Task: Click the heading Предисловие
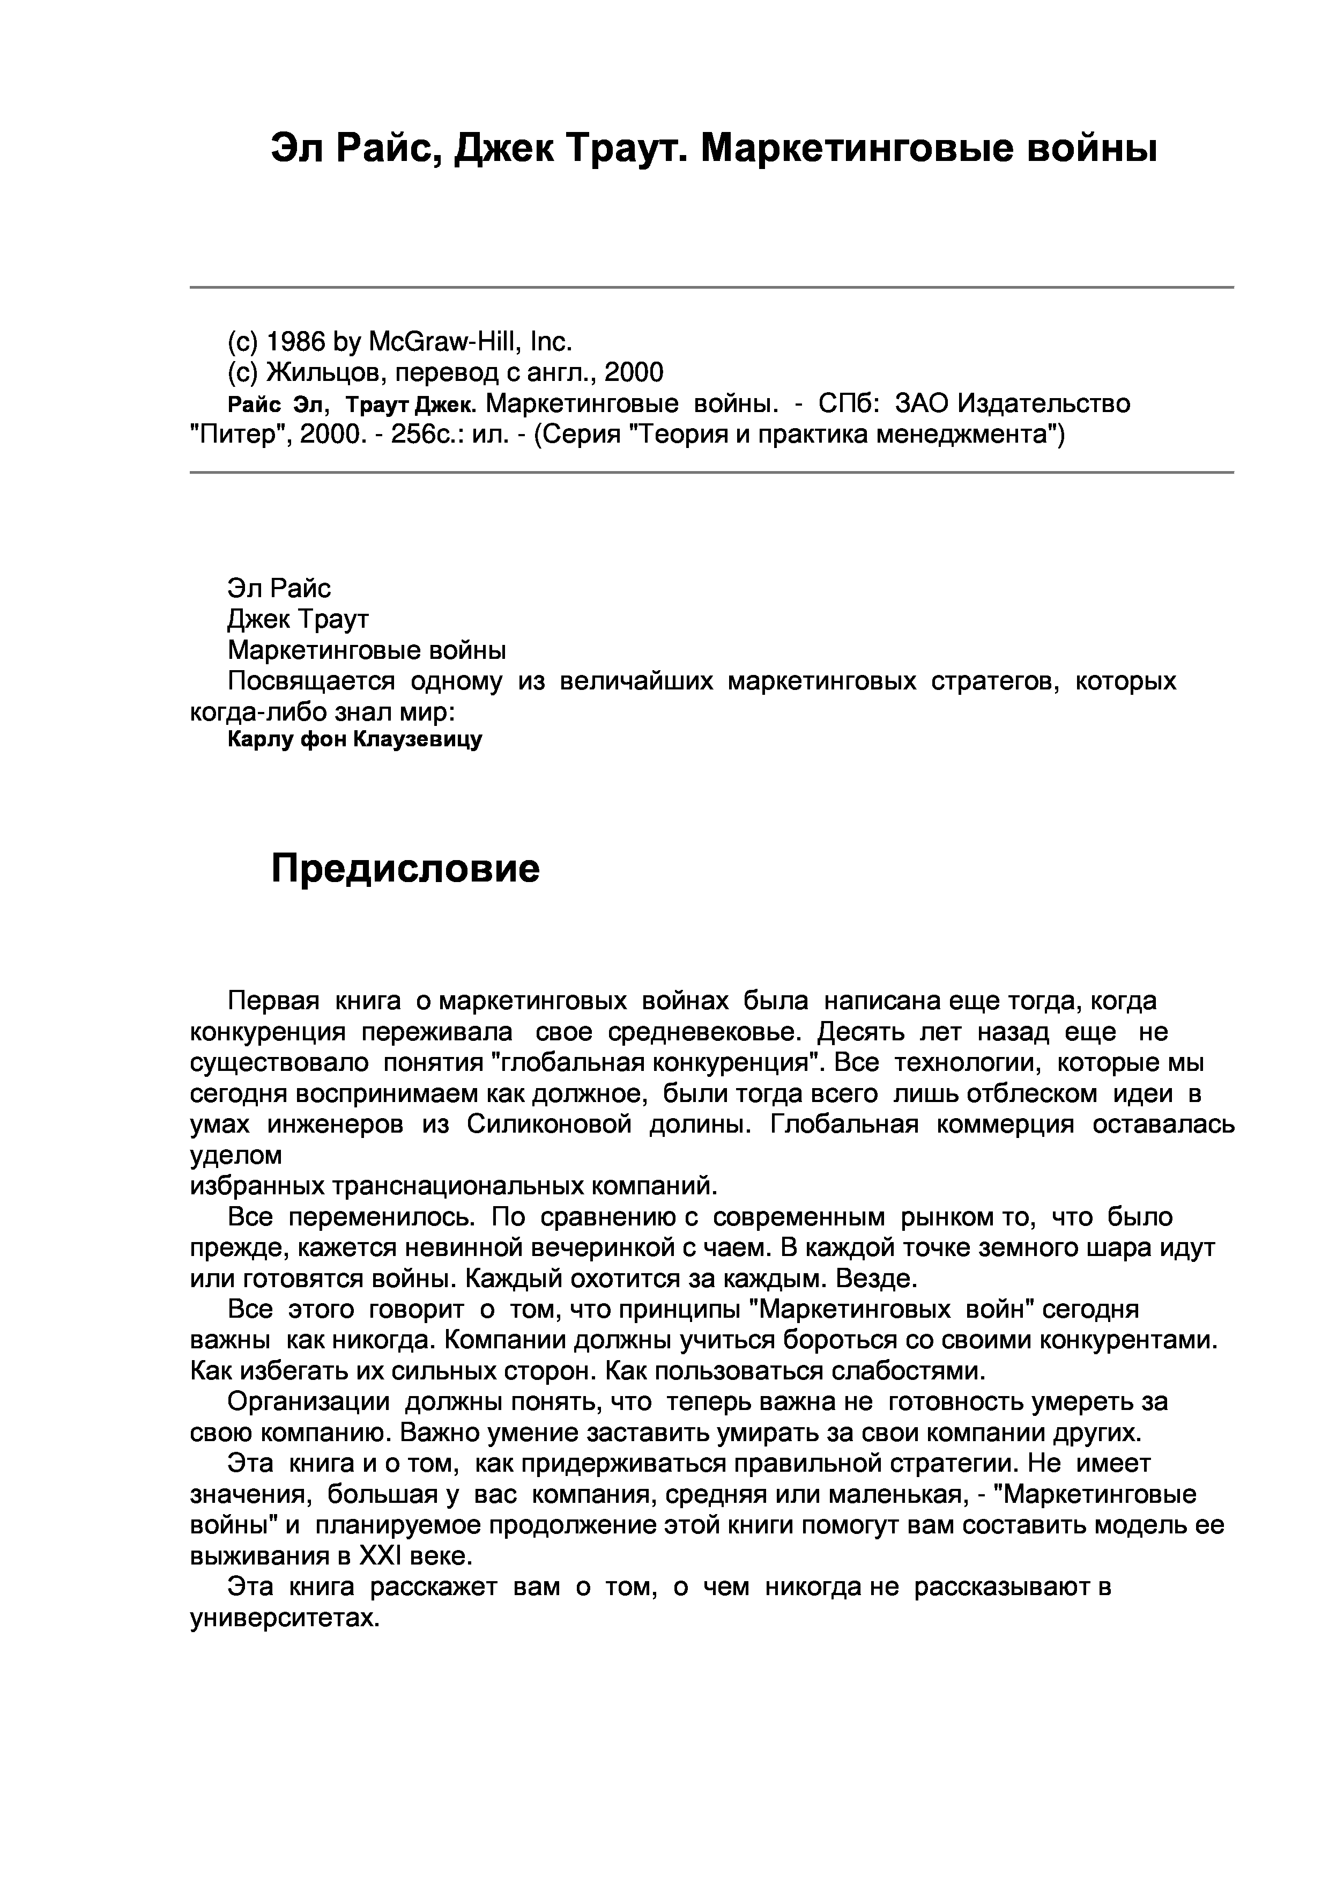coord(405,869)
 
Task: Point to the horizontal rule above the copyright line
coord(711,288)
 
